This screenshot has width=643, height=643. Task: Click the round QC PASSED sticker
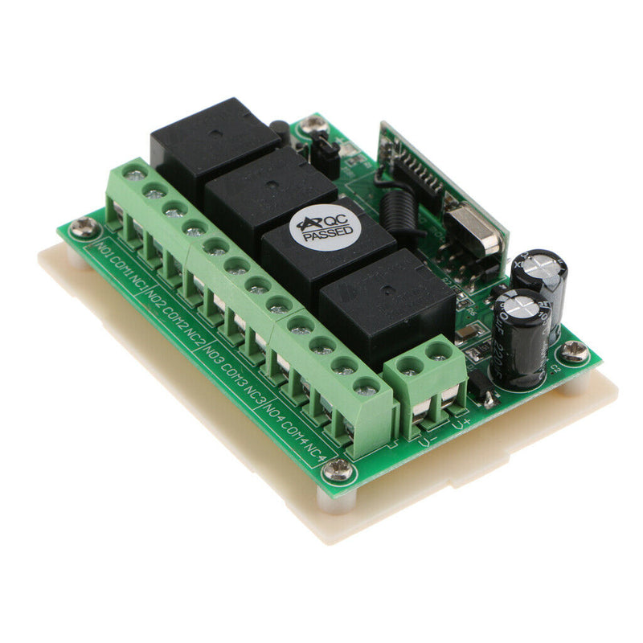[x=328, y=227]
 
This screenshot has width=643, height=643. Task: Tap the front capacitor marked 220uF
[x=521, y=338]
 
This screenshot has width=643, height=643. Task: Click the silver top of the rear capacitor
[x=539, y=265]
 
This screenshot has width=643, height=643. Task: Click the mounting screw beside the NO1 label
[x=83, y=228]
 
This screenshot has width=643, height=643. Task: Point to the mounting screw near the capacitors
[x=574, y=350]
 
